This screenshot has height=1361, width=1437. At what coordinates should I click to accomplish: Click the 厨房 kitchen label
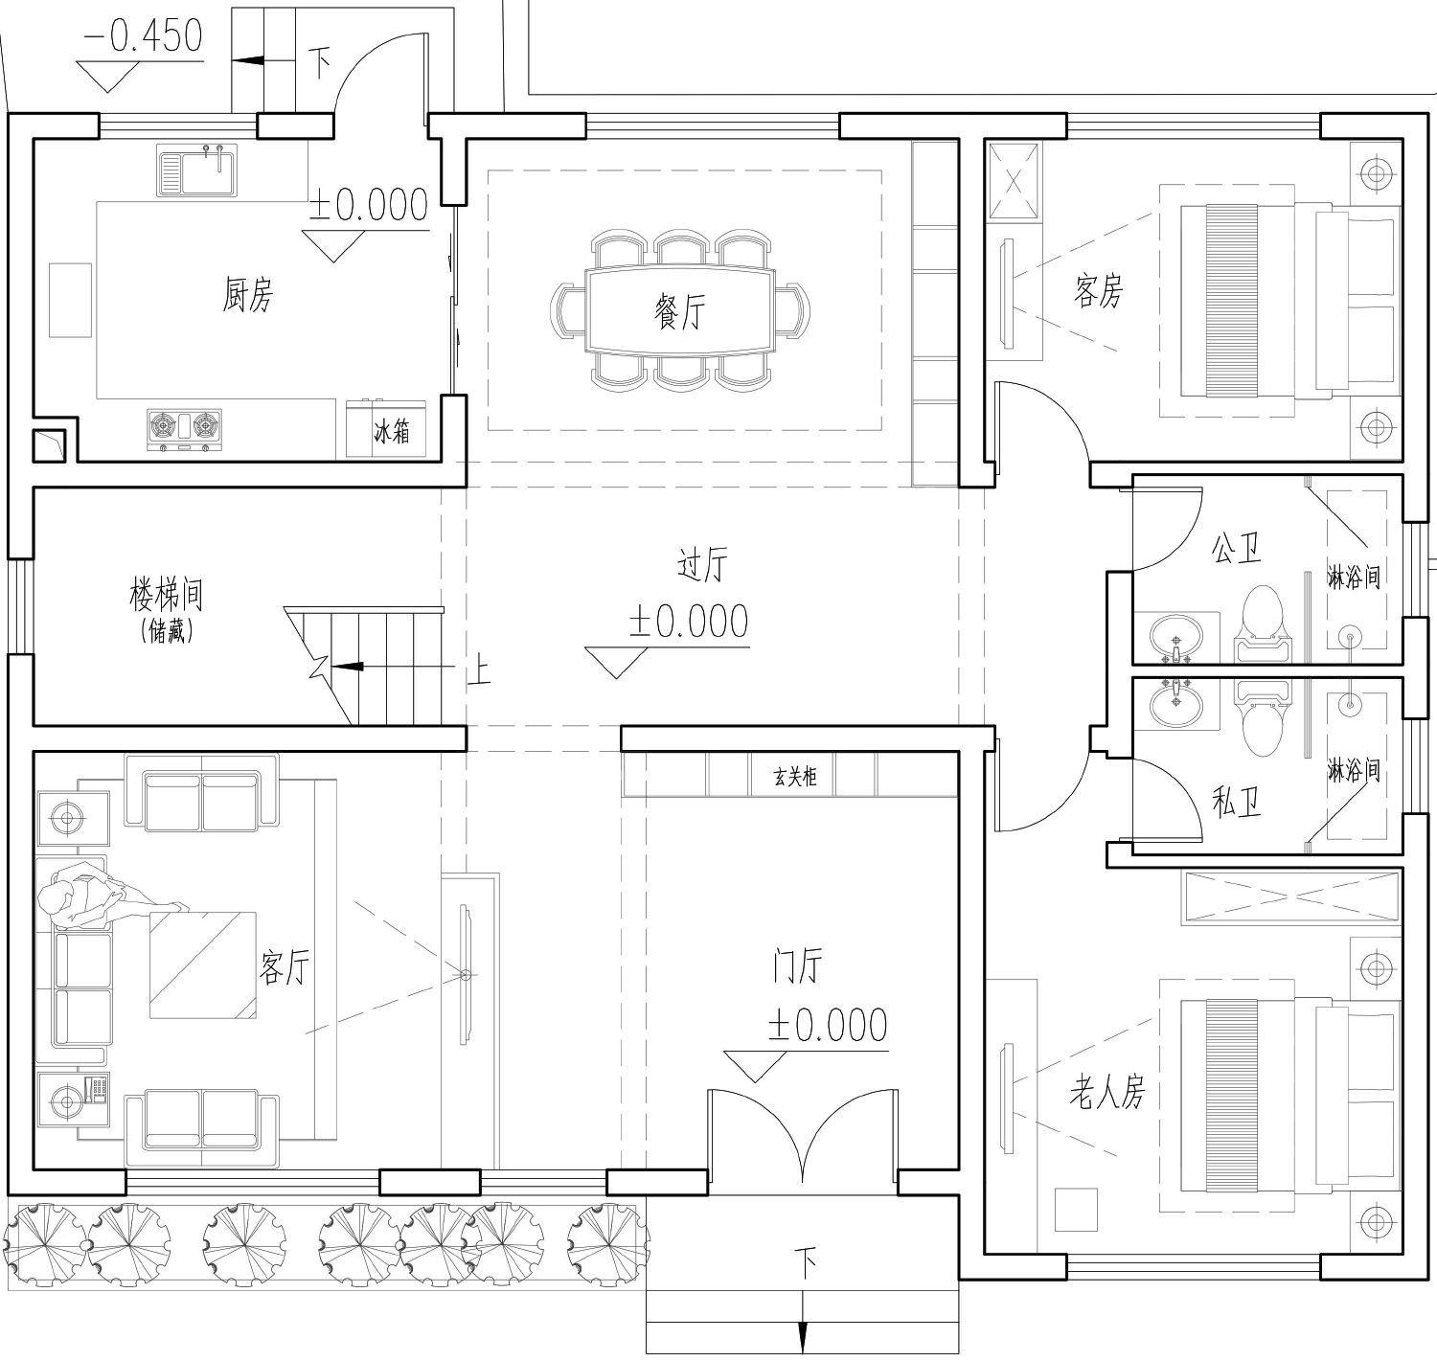click(248, 295)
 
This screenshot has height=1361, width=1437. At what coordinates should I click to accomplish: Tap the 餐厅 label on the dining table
click(680, 311)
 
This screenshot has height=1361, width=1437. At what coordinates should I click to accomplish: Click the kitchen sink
click(196, 170)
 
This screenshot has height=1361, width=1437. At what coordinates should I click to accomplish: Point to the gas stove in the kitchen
click(184, 429)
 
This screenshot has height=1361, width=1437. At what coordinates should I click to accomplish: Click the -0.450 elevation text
click(143, 35)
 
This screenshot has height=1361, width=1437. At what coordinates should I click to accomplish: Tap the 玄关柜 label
click(794, 776)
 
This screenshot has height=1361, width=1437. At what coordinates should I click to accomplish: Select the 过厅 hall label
click(701, 564)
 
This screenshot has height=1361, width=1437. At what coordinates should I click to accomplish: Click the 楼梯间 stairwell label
click(167, 595)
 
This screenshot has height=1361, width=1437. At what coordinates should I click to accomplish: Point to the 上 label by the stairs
click(478, 669)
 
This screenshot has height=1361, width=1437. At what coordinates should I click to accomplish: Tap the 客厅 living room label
click(285, 967)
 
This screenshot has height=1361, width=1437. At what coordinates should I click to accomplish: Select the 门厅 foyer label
click(797, 964)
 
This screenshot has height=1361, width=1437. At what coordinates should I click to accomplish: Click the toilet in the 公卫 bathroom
click(1263, 624)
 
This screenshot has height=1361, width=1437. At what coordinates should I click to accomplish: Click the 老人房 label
click(1107, 1092)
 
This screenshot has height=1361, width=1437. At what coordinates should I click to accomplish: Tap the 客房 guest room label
click(1099, 291)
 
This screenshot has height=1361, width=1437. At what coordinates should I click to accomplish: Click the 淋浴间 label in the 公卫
click(1354, 578)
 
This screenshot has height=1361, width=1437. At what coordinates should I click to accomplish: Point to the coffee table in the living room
click(203, 964)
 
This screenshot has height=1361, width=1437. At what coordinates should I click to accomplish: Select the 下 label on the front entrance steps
click(805, 1262)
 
